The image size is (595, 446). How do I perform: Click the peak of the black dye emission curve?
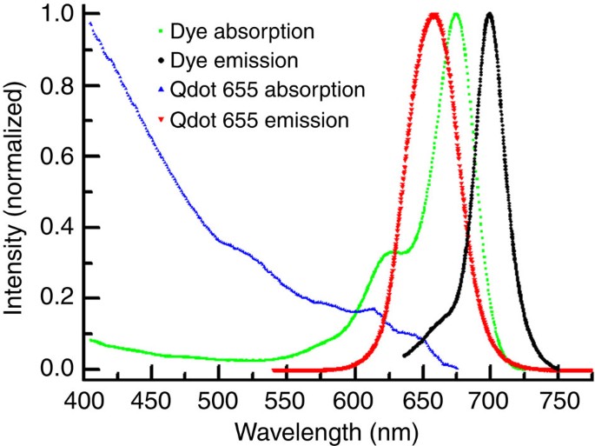pyautogui.click(x=490, y=14)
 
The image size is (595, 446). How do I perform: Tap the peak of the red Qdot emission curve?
pyautogui.click(x=433, y=14)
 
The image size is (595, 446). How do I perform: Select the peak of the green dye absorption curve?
pyautogui.click(x=456, y=14)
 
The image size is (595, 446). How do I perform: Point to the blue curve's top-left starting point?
pyautogui.click(x=89, y=23)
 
